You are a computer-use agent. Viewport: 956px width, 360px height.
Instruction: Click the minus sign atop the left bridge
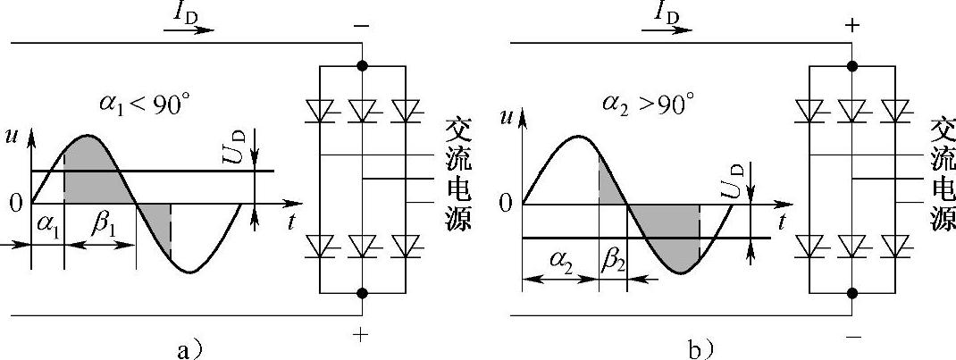tap(362, 28)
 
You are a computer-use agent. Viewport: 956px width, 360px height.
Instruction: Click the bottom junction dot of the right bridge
tap(852, 292)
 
